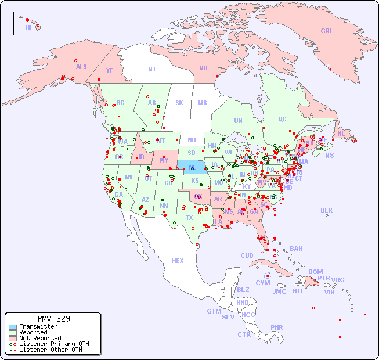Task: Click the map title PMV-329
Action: [x=53, y=319]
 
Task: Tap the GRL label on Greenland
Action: [x=327, y=31]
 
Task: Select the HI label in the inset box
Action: [x=28, y=27]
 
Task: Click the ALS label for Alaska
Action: [x=81, y=67]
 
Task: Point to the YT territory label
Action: [x=109, y=70]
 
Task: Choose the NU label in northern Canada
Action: [x=203, y=68]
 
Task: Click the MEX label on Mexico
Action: [x=178, y=261]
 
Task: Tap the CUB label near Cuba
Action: [x=247, y=255]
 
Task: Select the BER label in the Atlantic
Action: [x=327, y=210]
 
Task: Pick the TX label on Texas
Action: [x=189, y=218]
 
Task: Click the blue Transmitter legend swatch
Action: [x=13, y=327]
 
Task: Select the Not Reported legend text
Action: [x=40, y=338]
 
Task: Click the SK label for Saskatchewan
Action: [x=179, y=103]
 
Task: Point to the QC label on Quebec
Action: [x=282, y=119]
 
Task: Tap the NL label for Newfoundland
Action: [x=341, y=133]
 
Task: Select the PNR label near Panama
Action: [x=277, y=327]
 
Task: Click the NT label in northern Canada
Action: [x=152, y=69]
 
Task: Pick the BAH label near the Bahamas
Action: [x=296, y=249]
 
